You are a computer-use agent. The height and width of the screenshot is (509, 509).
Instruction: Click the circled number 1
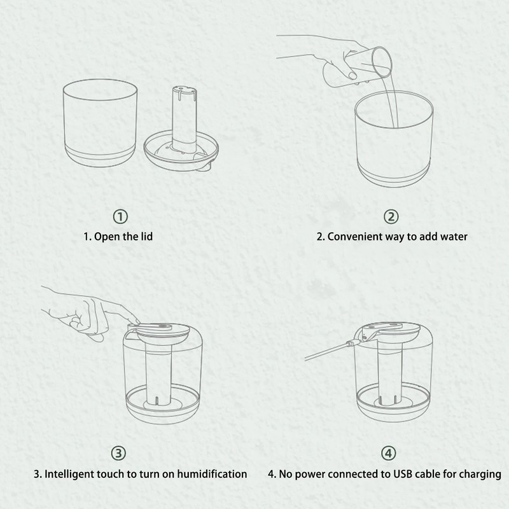[120, 216]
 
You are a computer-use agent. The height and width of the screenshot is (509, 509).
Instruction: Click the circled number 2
[391, 216]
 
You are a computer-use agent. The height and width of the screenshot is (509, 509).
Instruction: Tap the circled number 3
[118, 453]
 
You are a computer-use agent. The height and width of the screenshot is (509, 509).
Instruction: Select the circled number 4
[389, 453]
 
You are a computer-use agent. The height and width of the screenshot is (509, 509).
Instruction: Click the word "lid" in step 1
[146, 236]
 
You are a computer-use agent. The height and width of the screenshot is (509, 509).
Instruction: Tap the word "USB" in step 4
[403, 474]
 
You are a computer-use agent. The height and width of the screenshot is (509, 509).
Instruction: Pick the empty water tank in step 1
[100, 123]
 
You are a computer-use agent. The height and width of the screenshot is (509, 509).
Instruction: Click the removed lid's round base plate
[181, 152]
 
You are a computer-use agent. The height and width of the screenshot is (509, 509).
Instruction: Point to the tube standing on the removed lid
[184, 118]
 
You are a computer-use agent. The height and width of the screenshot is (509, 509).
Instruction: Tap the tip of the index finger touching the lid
[137, 321]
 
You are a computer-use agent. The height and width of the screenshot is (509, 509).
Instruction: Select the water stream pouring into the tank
[389, 102]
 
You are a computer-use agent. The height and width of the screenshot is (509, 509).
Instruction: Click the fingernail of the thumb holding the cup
[352, 76]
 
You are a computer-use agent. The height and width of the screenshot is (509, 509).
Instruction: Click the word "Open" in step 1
[107, 237]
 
